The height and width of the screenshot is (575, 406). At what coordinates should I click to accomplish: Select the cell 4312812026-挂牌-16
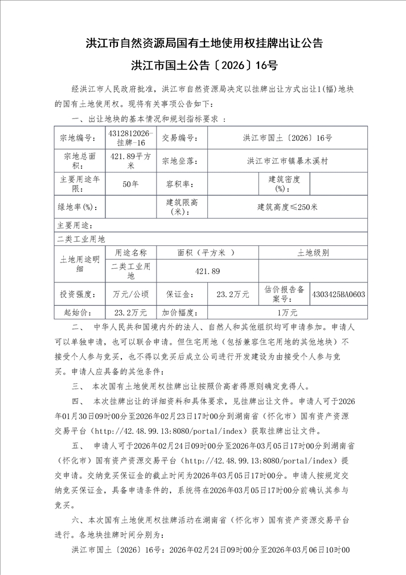130,137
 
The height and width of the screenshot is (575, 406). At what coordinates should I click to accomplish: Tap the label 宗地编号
79,138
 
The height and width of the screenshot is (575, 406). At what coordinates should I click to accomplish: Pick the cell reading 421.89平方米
130,161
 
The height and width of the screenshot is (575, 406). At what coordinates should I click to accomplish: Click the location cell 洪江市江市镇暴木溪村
287,161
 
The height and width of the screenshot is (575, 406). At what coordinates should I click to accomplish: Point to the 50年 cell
130,184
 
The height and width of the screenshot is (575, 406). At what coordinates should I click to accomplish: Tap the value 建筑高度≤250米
287,207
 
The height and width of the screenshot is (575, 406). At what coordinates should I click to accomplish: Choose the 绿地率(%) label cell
79,207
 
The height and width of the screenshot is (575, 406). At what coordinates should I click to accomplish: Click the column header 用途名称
130,252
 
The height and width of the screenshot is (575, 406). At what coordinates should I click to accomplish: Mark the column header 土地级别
312,252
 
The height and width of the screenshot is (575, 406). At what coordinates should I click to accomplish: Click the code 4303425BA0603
338,294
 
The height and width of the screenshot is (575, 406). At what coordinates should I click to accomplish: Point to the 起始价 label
79,312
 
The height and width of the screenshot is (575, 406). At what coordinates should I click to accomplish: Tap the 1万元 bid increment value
287,312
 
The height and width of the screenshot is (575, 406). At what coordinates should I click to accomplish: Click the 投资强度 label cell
79,294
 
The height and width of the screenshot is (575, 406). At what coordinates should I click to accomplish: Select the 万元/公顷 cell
130,294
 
